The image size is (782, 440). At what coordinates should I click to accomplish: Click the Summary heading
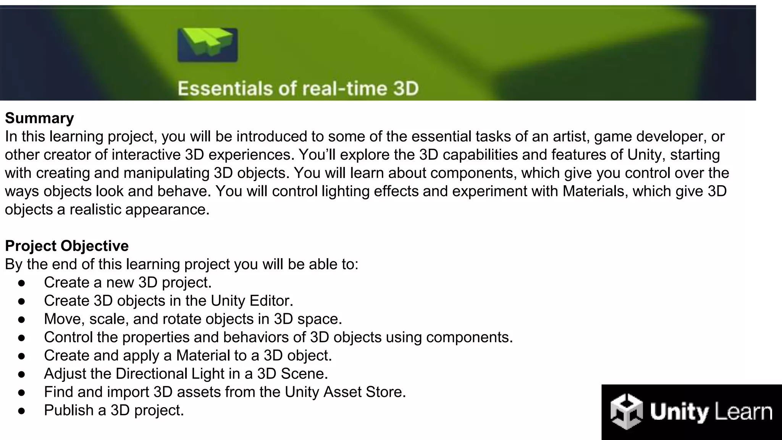[39, 118]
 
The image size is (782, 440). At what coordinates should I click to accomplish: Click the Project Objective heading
[67, 246]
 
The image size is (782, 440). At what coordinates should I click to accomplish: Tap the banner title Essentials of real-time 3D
[298, 89]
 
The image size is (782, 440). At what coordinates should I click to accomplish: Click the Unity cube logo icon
[626, 412]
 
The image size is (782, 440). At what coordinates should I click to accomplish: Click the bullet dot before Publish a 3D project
[21, 411]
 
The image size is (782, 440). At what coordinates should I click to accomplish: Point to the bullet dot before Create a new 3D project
[21, 283]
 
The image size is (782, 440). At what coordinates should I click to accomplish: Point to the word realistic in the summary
[95, 209]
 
